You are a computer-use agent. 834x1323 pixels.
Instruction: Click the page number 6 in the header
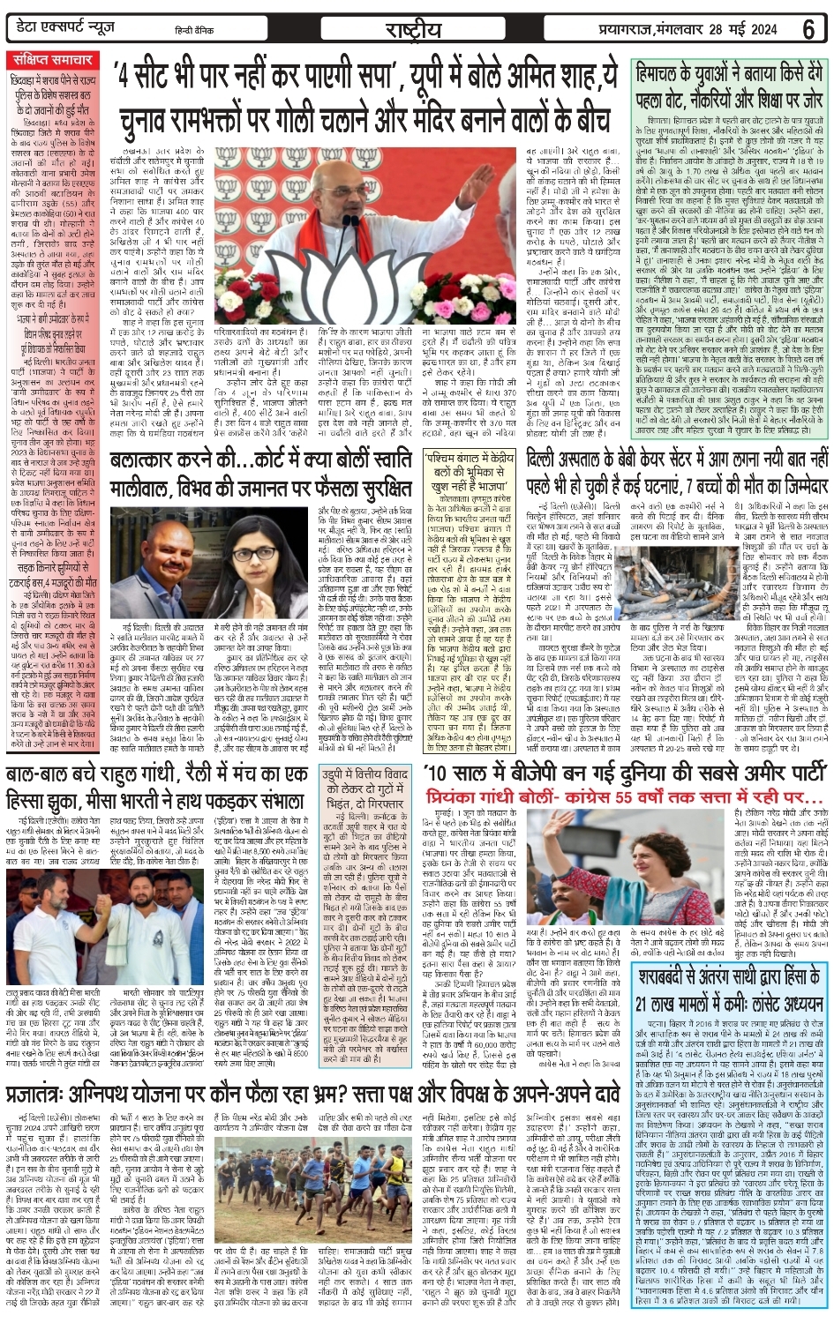pyautogui.click(x=808, y=28)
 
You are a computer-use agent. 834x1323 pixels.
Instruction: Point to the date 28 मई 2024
pyautogui.click(x=748, y=29)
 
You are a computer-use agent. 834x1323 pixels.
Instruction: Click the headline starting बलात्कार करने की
pyautogui.click(x=260, y=475)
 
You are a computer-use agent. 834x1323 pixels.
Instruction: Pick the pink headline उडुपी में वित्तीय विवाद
pyautogui.click(x=365, y=787)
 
